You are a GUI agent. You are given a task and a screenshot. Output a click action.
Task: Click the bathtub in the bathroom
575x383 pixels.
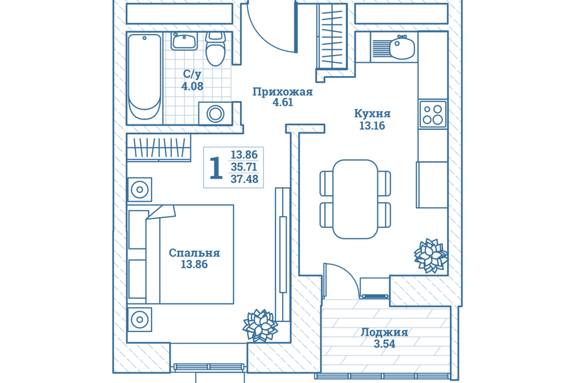pos(144,77)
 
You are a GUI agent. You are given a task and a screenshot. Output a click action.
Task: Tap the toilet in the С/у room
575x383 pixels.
pos(215,48)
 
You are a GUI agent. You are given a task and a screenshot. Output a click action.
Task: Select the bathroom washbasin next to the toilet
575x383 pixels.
pos(184,41)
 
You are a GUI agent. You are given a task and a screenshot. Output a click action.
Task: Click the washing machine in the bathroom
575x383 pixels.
pos(215,114)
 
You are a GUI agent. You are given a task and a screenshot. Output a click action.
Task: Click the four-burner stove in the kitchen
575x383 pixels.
pos(432,114)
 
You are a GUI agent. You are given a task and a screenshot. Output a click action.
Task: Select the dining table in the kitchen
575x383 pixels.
pos(355,199)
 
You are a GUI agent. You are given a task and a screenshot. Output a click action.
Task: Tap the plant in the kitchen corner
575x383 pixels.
pos(431,256)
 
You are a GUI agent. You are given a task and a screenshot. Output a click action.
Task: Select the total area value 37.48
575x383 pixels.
pos(244,179)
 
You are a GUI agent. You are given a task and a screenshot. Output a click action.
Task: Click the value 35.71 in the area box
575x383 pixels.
pos(244,167)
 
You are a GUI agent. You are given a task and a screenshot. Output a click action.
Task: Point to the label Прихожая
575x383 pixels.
pos(282,92)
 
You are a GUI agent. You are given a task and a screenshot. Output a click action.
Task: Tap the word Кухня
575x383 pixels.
pos(372,114)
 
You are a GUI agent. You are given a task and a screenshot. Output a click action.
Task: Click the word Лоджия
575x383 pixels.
pos(385,332)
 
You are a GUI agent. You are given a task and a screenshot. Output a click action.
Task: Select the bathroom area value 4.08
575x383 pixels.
pos(192,86)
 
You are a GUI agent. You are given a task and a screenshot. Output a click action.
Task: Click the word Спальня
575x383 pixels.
pos(194,253)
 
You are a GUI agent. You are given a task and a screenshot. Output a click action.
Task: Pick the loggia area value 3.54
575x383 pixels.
pos(385,344)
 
